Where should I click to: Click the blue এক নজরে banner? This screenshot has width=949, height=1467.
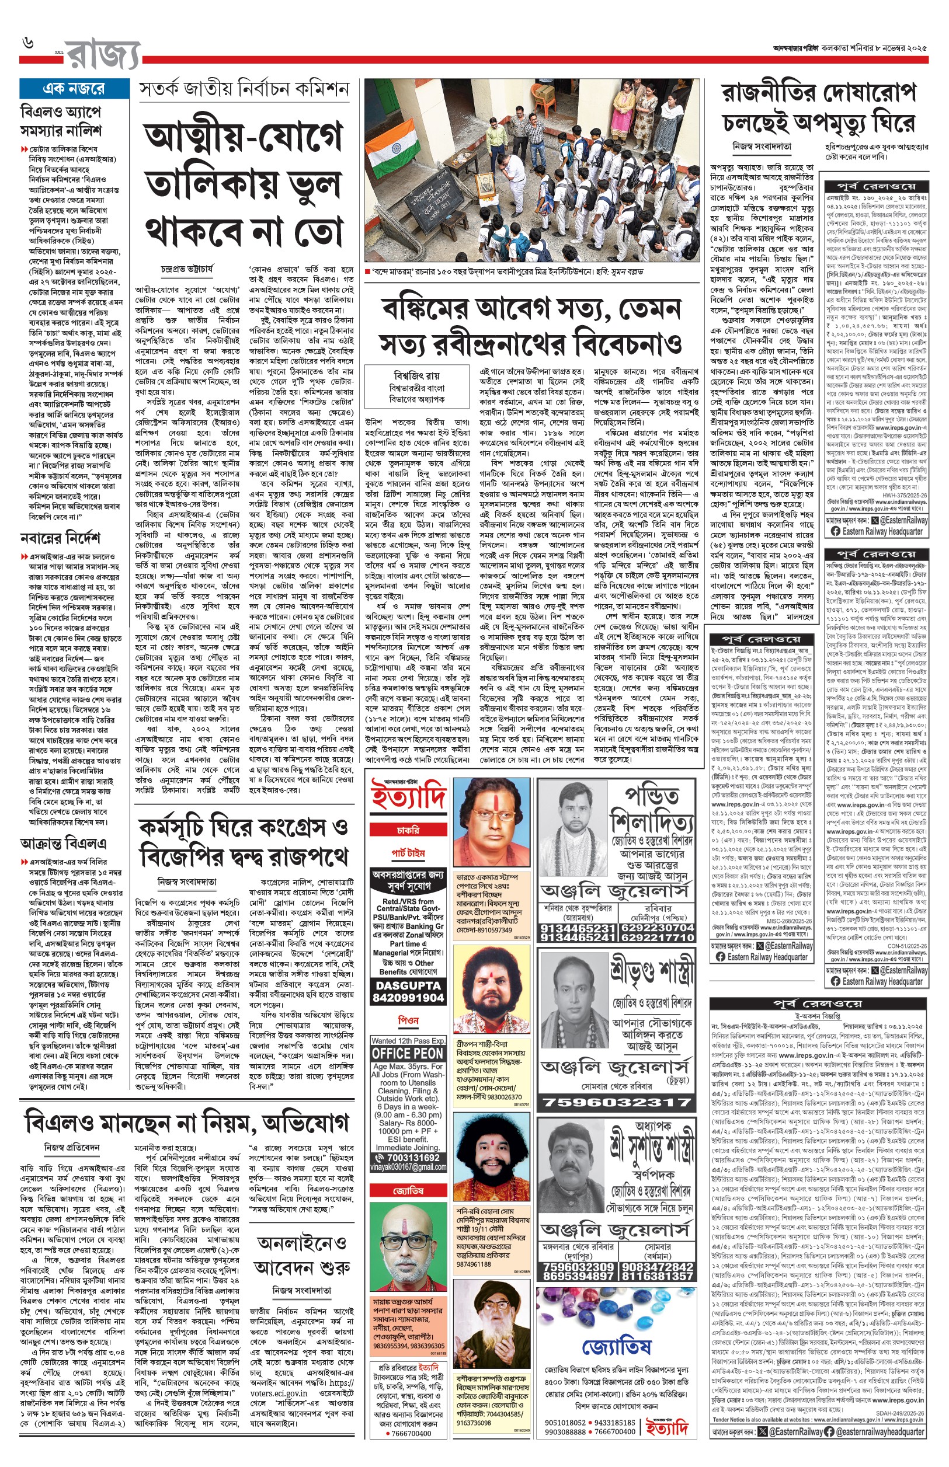click(x=74, y=89)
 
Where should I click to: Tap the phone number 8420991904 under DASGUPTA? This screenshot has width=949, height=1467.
click(x=408, y=998)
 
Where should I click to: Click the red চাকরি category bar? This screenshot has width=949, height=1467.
click(x=408, y=831)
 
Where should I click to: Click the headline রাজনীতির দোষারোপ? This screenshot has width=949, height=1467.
click(x=819, y=93)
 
